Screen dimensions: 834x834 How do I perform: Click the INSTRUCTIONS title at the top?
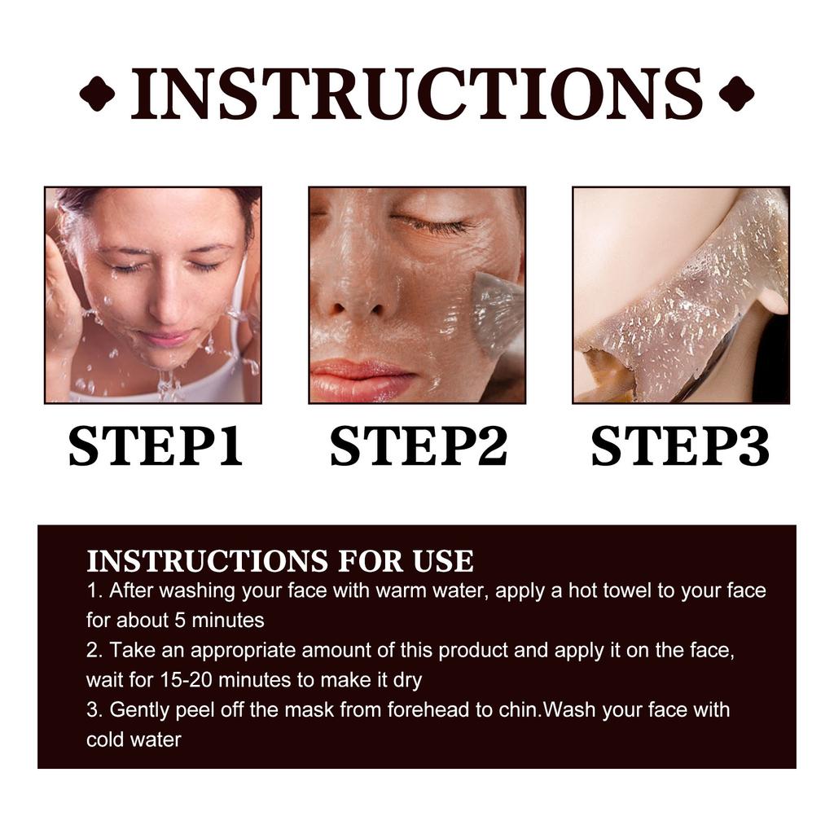click(x=416, y=94)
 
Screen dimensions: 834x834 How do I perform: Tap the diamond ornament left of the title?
click(x=97, y=94)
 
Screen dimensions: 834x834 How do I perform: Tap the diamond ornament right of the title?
click(x=736, y=94)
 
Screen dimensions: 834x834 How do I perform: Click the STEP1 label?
click(x=155, y=446)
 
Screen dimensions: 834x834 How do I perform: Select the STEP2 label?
click(x=418, y=446)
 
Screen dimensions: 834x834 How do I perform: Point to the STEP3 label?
click(x=680, y=446)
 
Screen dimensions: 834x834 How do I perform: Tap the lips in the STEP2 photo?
click(x=362, y=378)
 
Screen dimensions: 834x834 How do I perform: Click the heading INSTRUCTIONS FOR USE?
click(x=279, y=561)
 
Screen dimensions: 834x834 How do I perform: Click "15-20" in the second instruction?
click(x=191, y=679)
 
